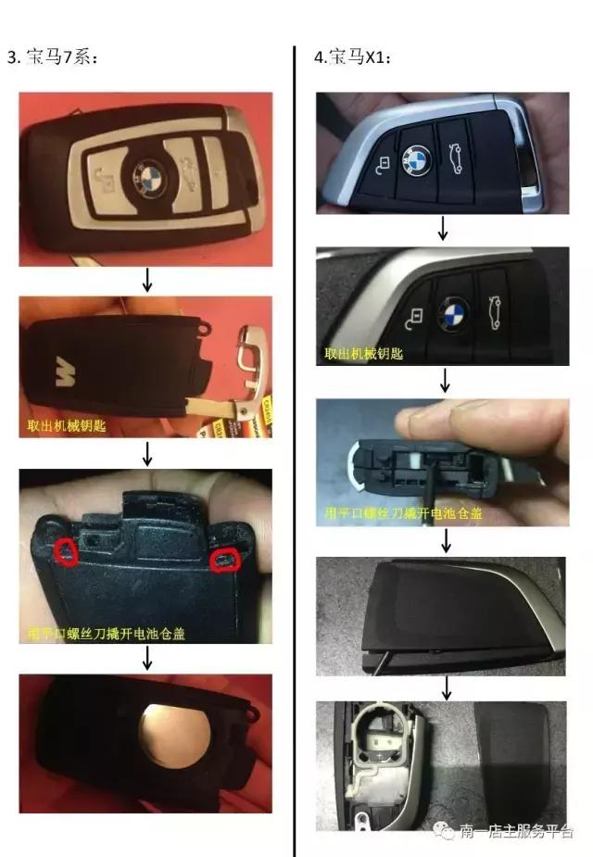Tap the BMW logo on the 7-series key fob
(149, 176)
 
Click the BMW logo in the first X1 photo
(416, 160)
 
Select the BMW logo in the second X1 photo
(455, 310)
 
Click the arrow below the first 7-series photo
(147, 281)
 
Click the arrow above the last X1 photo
(447, 687)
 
